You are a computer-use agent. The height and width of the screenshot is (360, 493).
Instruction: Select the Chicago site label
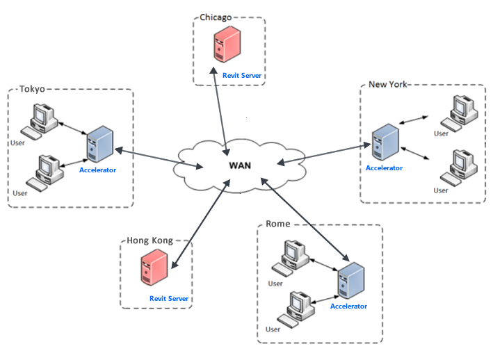pyautogui.click(x=216, y=17)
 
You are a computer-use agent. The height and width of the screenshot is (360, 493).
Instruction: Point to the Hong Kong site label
pyautogui.click(x=149, y=241)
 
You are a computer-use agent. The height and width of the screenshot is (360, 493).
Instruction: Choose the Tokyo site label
pyautogui.click(x=32, y=89)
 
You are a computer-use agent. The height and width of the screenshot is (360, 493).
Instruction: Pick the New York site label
pyautogui.click(x=388, y=85)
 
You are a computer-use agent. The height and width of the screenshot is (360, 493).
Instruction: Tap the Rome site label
pyautogui.click(x=278, y=224)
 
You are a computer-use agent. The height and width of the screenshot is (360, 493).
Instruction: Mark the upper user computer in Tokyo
pyautogui.click(x=42, y=119)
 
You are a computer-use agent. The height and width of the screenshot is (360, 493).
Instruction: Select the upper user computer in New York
pyautogui.click(x=460, y=111)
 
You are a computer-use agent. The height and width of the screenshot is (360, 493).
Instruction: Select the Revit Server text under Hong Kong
pyautogui.click(x=169, y=299)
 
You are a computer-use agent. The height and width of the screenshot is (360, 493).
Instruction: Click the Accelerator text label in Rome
pyautogui.click(x=348, y=306)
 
